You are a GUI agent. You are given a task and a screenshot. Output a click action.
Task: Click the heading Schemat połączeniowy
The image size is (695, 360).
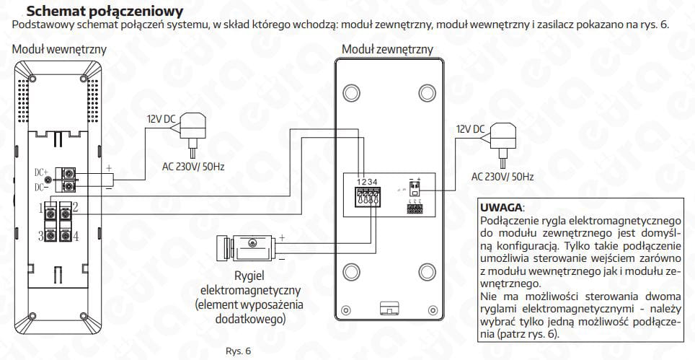tap(104, 12)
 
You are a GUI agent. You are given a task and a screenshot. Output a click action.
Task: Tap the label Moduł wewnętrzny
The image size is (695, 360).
tap(59, 50)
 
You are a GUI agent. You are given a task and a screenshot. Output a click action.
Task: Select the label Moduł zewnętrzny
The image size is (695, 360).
tap(387, 50)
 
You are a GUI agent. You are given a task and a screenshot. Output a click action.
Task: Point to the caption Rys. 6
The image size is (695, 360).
tap(237, 351)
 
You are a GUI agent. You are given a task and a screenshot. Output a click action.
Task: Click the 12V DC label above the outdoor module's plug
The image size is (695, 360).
tap(469, 129)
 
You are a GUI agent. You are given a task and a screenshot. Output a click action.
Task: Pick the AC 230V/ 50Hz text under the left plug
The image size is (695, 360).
tap(194, 167)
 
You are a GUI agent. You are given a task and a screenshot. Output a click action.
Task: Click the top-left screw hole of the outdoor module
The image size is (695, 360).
tap(351, 93)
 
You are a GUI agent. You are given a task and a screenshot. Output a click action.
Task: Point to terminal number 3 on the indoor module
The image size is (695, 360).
tap(42, 236)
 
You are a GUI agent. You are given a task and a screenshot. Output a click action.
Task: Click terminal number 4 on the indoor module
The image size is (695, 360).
tap(75, 236)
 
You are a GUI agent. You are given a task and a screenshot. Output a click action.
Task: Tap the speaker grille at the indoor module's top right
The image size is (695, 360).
tap(92, 92)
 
